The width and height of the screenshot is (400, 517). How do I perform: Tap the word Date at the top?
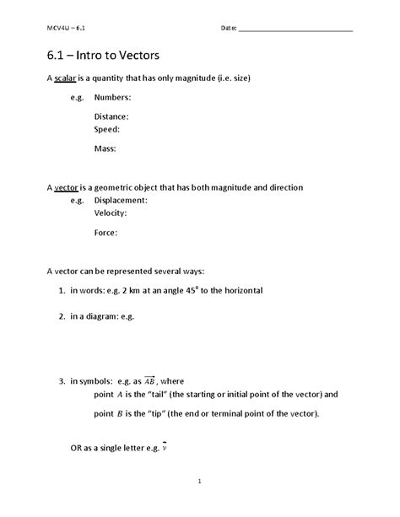(228, 28)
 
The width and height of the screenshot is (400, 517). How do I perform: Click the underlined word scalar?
(65, 78)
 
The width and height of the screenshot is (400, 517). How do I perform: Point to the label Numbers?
(112, 98)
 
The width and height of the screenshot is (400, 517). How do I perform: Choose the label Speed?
(107, 130)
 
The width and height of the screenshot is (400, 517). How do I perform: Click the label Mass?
(105, 148)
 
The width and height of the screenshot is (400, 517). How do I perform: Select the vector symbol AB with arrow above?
(150, 380)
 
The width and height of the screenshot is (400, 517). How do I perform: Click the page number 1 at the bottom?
(200, 482)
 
